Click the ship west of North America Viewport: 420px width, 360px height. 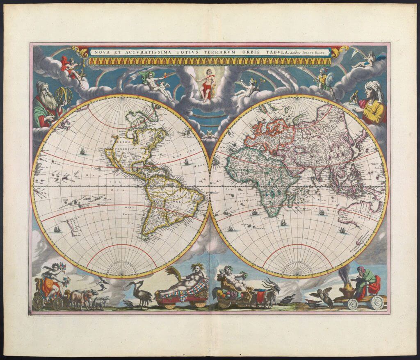pos(83,151)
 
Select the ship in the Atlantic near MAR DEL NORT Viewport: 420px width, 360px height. pos(187,161)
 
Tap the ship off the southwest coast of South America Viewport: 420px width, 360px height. pos(57,228)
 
